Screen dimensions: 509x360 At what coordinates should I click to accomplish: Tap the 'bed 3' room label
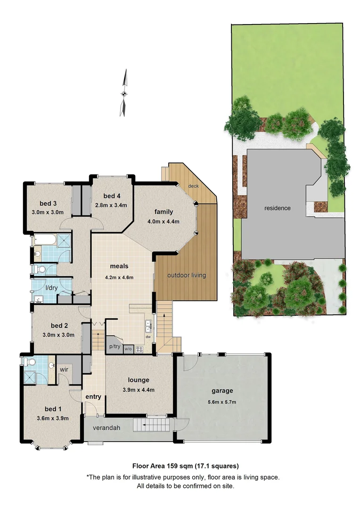49,204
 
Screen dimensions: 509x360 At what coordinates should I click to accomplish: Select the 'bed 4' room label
112,196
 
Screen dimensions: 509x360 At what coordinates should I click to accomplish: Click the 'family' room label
164,212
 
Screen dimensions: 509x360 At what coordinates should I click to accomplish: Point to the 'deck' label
193,186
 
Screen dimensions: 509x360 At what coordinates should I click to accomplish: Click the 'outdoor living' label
187,275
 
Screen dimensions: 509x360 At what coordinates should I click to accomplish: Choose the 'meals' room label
119,266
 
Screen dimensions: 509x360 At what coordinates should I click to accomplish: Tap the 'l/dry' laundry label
51,287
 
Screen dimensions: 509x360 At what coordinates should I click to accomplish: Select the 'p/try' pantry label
115,346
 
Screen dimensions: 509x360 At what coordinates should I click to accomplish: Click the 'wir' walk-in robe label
65,369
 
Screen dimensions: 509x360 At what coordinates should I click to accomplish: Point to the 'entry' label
93,397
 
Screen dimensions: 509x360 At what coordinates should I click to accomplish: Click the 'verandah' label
105,428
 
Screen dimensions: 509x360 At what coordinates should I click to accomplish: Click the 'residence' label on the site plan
278,208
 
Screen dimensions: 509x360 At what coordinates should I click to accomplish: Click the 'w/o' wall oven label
128,349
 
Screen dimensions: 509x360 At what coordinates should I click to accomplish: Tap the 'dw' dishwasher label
148,337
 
